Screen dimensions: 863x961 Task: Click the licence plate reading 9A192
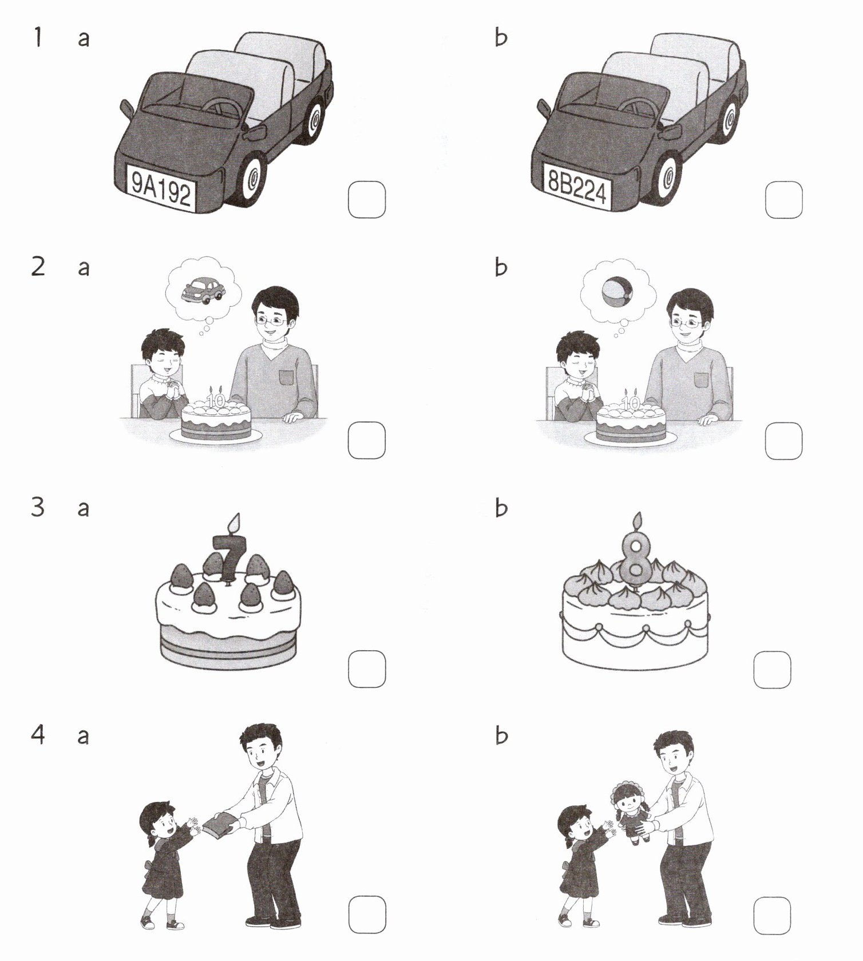tap(161, 187)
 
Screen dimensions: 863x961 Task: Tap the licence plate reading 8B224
tap(577, 187)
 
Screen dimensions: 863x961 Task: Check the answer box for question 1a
tap(367, 200)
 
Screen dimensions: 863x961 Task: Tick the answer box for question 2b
tap(783, 441)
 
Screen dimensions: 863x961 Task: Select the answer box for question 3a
tap(367, 669)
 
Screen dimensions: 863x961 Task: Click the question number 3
tap(38, 507)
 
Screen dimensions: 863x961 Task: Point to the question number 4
tap(38, 734)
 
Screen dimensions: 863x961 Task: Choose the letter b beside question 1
tap(501, 38)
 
